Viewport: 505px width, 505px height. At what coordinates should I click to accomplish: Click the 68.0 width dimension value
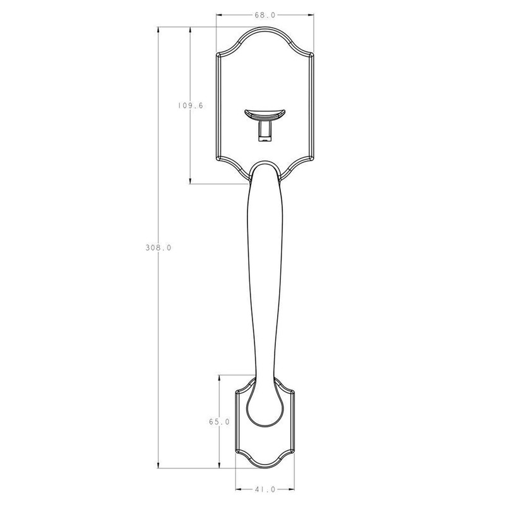pyautogui.click(x=265, y=15)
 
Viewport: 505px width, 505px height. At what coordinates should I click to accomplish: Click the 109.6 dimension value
pyautogui.click(x=190, y=105)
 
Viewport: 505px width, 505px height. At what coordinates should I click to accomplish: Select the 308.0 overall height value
pyautogui.click(x=158, y=248)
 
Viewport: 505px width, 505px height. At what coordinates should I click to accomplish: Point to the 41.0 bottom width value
pyautogui.click(x=264, y=488)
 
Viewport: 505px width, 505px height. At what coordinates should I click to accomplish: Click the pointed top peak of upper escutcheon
pyautogui.click(x=265, y=28)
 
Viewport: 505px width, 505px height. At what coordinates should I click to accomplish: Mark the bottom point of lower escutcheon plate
pyautogui.click(x=265, y=468)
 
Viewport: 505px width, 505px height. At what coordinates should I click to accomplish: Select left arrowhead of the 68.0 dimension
pyautogui.click(x=219, y=15)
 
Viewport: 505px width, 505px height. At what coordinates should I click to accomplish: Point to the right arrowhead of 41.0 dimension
pyautogui.click(x=292, y=488)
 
